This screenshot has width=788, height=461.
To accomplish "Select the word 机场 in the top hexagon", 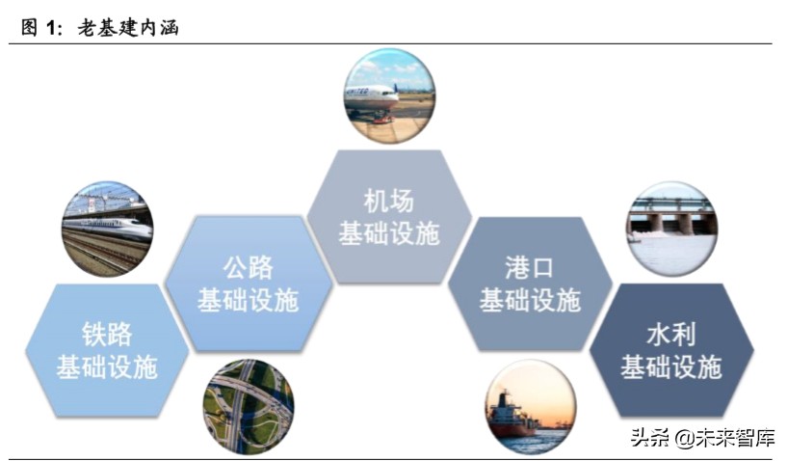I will (388, 201).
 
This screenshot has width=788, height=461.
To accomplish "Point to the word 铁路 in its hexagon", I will (106, 335).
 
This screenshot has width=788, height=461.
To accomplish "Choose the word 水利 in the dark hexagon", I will (670, 335).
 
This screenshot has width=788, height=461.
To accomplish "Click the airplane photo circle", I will (389, 95).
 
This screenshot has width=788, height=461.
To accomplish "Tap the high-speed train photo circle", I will (107, 229).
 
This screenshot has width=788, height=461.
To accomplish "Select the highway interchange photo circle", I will (248, 406).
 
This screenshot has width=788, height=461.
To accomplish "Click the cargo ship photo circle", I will (530, 406).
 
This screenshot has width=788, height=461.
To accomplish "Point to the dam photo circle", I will (670, 229).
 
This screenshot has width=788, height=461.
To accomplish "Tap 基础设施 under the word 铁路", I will (106, 366).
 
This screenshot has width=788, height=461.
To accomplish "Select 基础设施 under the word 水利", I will (670, 366).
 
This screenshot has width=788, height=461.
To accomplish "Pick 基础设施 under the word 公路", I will (248, 299).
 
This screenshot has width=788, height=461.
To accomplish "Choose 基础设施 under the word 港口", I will (530, 299).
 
